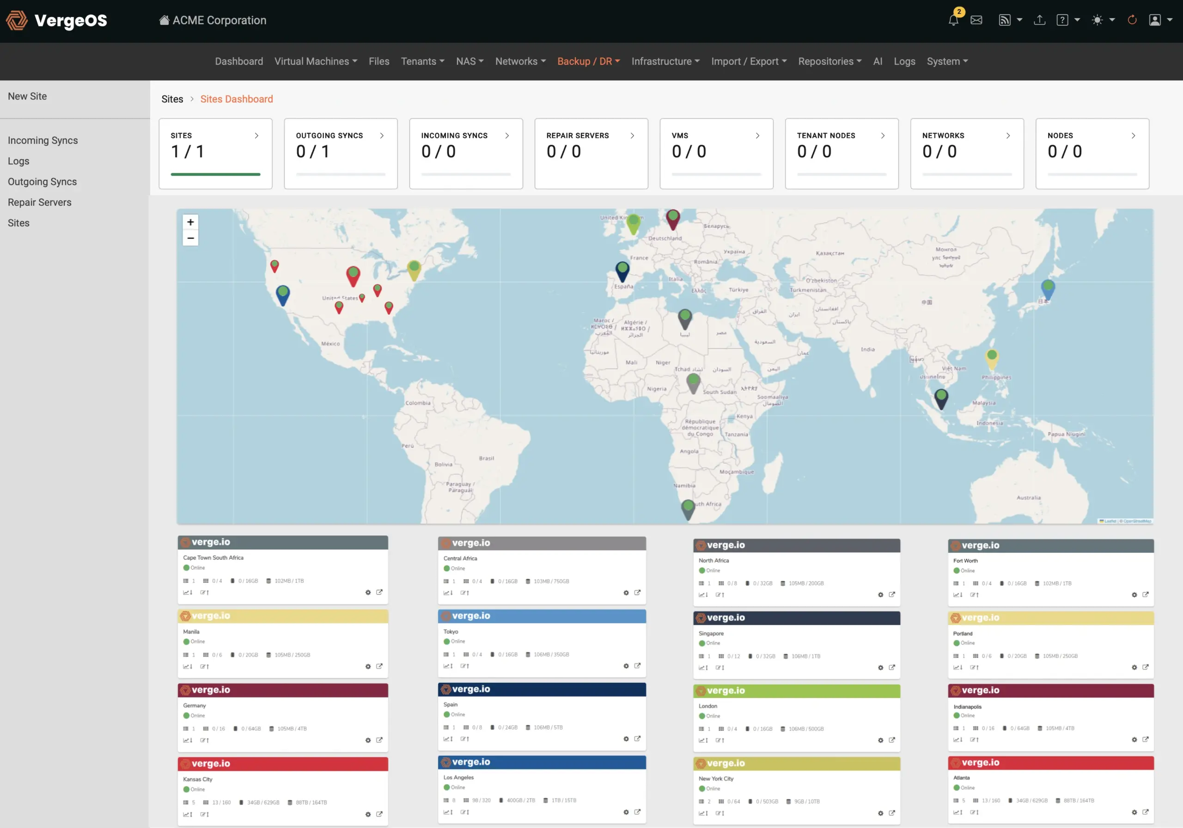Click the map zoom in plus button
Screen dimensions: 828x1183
[x=190, y=222]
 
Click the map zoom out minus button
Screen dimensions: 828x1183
[x=190, y=238]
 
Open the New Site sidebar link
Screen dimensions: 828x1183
[x=27, y=97]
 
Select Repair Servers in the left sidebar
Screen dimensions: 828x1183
[x=39, y=202]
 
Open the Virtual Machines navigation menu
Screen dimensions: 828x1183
[x=315, y=61]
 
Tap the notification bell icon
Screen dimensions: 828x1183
[x=953, y=20]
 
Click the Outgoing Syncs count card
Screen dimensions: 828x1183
[x=340, y=153]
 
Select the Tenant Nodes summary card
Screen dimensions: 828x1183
[x=841, y=153]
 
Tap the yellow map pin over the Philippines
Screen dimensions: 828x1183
[x=991, y=357]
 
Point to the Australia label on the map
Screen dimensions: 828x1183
[x=1029, y=497]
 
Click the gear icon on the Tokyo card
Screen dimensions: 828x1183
[x=626, y=666]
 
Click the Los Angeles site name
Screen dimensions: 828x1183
[x=458, y=778]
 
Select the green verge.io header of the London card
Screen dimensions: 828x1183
[x=796, y=691]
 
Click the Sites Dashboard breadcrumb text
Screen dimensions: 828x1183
[x=237, y=99]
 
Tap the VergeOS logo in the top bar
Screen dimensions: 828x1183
[x=57, y=21]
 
